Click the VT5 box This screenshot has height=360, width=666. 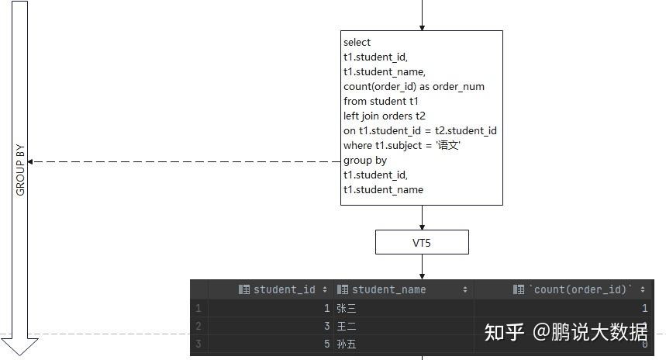tap(422, 242)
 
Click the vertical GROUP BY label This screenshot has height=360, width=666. tap(21, 168)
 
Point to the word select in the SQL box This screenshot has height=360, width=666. tap(357, 43)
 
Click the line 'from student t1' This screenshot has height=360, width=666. tap(381, 101)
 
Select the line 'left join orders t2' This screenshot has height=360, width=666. tap(385, 116)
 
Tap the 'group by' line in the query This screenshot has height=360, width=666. tap(365, 160)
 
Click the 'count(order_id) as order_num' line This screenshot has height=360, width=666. tap(414, 86)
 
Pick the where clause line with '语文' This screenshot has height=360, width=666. tap(402, 145)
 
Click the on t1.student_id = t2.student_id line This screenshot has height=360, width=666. tap(420, 130)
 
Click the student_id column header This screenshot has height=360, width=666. tap(284, 289)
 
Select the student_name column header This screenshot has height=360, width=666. tap(388, 289)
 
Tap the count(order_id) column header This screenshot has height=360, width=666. tap(579, 289)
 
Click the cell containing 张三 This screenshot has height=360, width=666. tap(347, 308)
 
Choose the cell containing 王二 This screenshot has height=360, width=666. tap(347, 326)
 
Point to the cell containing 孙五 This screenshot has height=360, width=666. tap(347, 344)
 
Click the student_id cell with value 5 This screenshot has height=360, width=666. tap(326, 344)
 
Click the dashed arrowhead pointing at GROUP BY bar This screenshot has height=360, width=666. tap(31, 161)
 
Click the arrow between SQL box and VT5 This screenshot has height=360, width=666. tap(422, 218)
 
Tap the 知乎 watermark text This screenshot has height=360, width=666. tap(504, 333)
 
